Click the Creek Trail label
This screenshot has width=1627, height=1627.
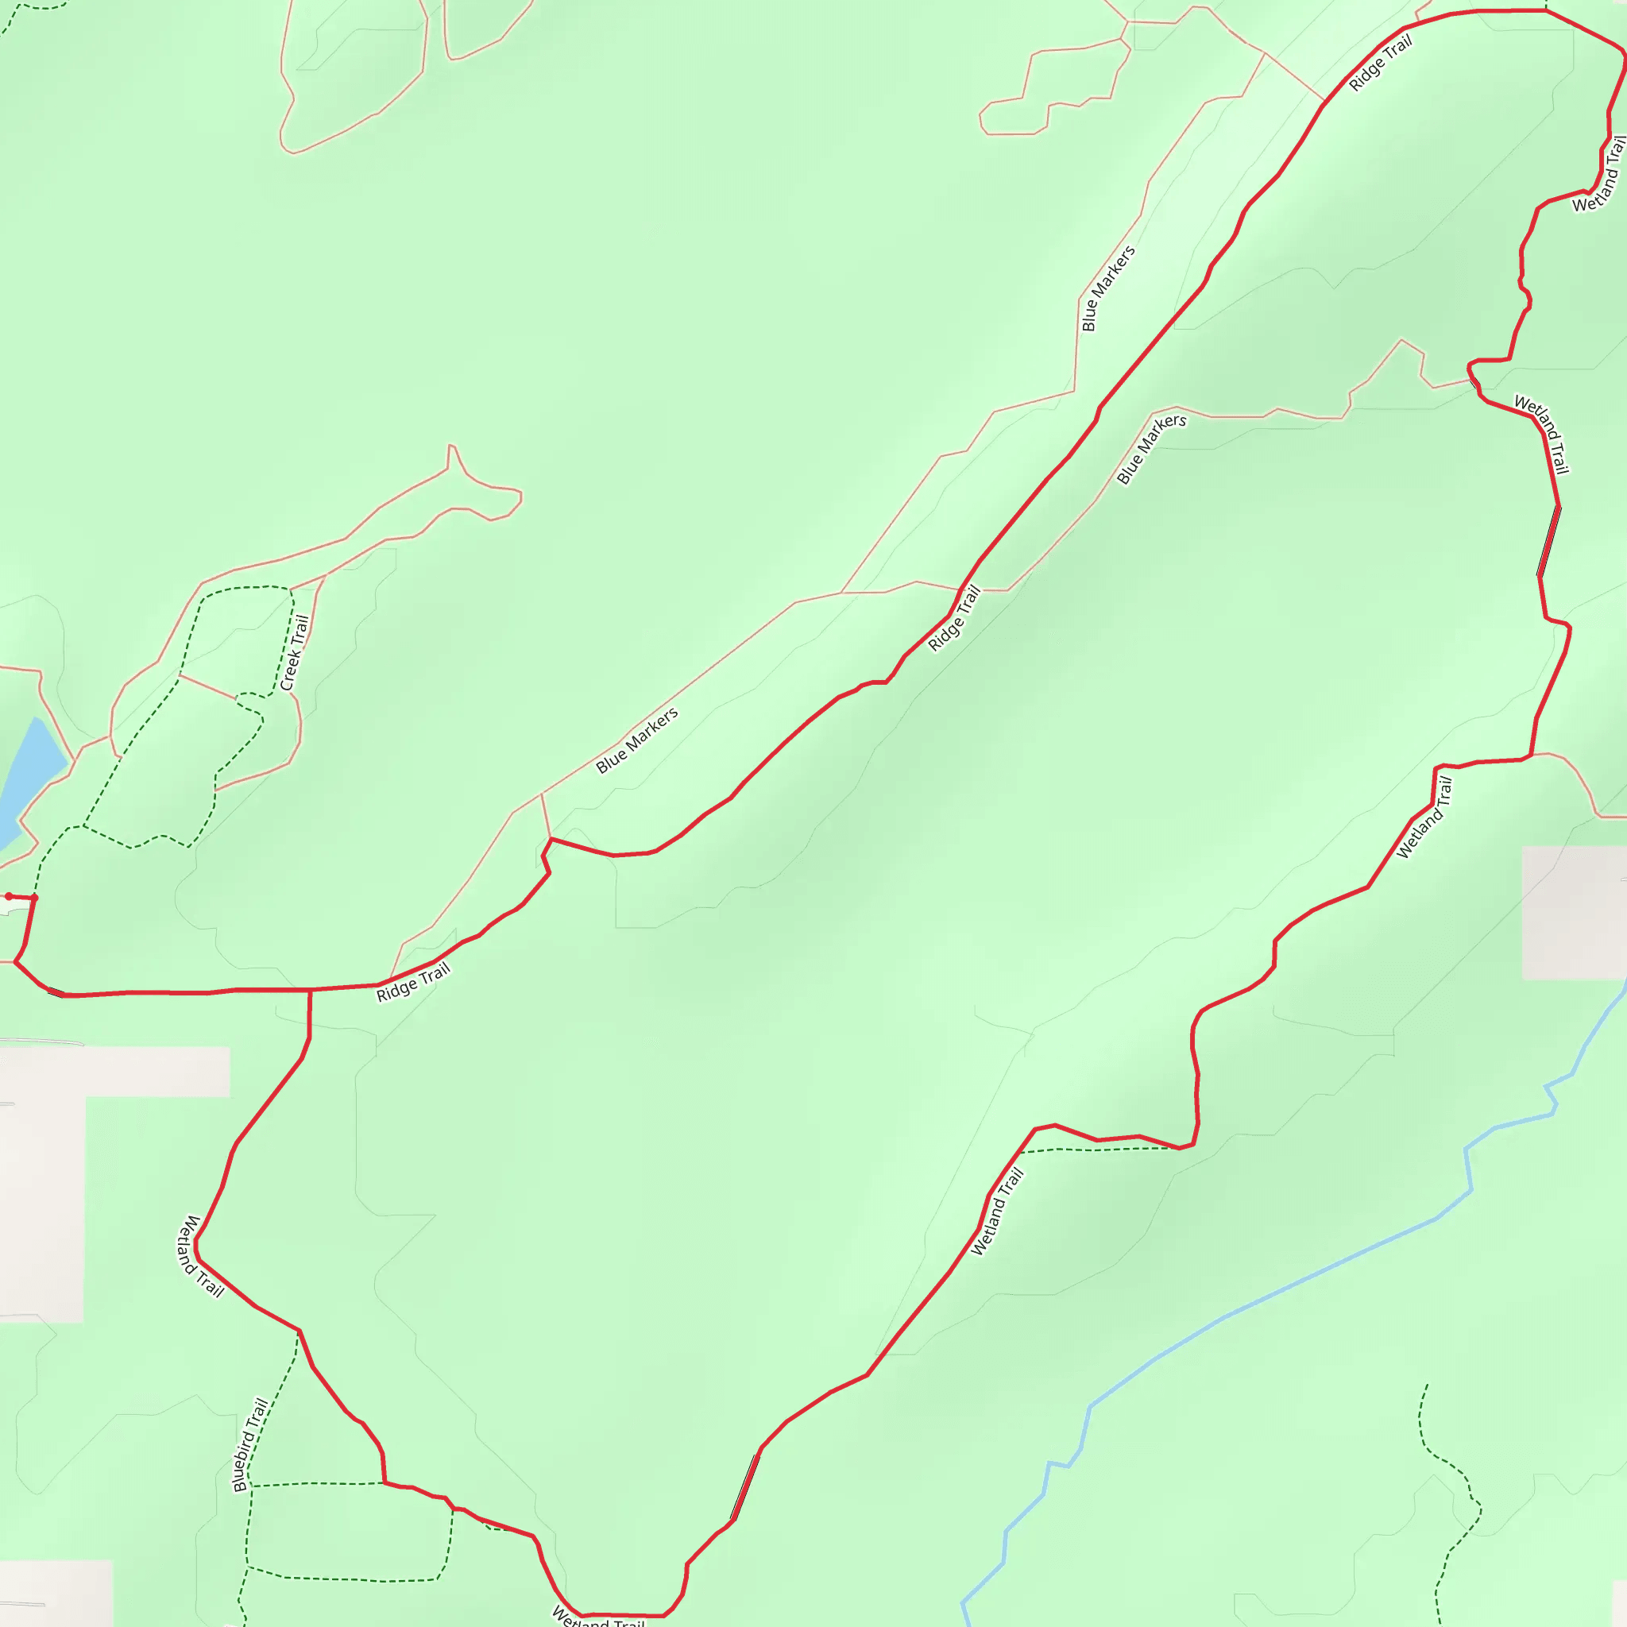pos(295,653)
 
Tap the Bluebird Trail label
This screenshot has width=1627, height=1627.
pos(251,1445)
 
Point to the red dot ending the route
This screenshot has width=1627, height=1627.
pos(9,897)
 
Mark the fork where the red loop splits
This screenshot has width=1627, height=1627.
pos(310,991)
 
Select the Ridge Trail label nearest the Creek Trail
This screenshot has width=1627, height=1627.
pos(412,983)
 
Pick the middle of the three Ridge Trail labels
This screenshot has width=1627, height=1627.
pos(954,618)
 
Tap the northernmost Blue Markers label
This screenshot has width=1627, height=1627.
pos(1108,288)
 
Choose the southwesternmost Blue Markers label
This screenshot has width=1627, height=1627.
pos(636,740)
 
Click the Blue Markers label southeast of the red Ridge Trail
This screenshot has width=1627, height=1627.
pos(1151,449)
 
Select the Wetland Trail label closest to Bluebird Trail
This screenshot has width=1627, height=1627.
pos(199,1257)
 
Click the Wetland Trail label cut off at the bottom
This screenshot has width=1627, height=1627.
pos(597,1617)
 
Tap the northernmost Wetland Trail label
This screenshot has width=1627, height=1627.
pos(1599,174)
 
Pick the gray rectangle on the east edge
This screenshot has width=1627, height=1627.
pos(1573,913)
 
